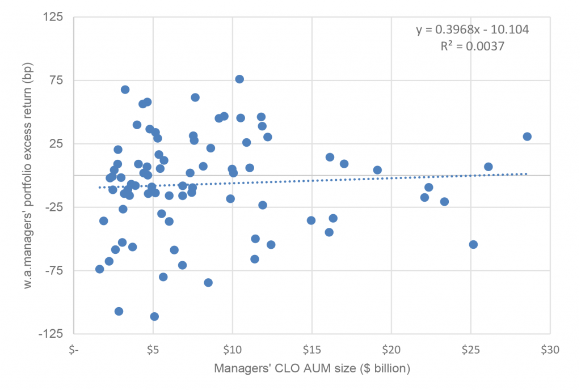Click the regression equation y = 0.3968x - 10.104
tap(473, 29)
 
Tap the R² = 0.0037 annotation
tap(473, 47)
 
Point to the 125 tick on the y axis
tap(54, 17)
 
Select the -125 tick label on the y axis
tap(52, 334)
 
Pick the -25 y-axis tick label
tap(54, 207)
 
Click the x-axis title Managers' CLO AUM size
tap(311, 369)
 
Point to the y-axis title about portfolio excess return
tap(28, 176)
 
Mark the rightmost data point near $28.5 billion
tap(527, 137)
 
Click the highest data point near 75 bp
tap(239, 79)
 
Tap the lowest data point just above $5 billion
tap(154, 317)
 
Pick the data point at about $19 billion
tap(377, 170)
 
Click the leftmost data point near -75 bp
tap(100, 269)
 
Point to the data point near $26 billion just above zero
tap(488, 167)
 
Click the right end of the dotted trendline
tap(527, 174)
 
